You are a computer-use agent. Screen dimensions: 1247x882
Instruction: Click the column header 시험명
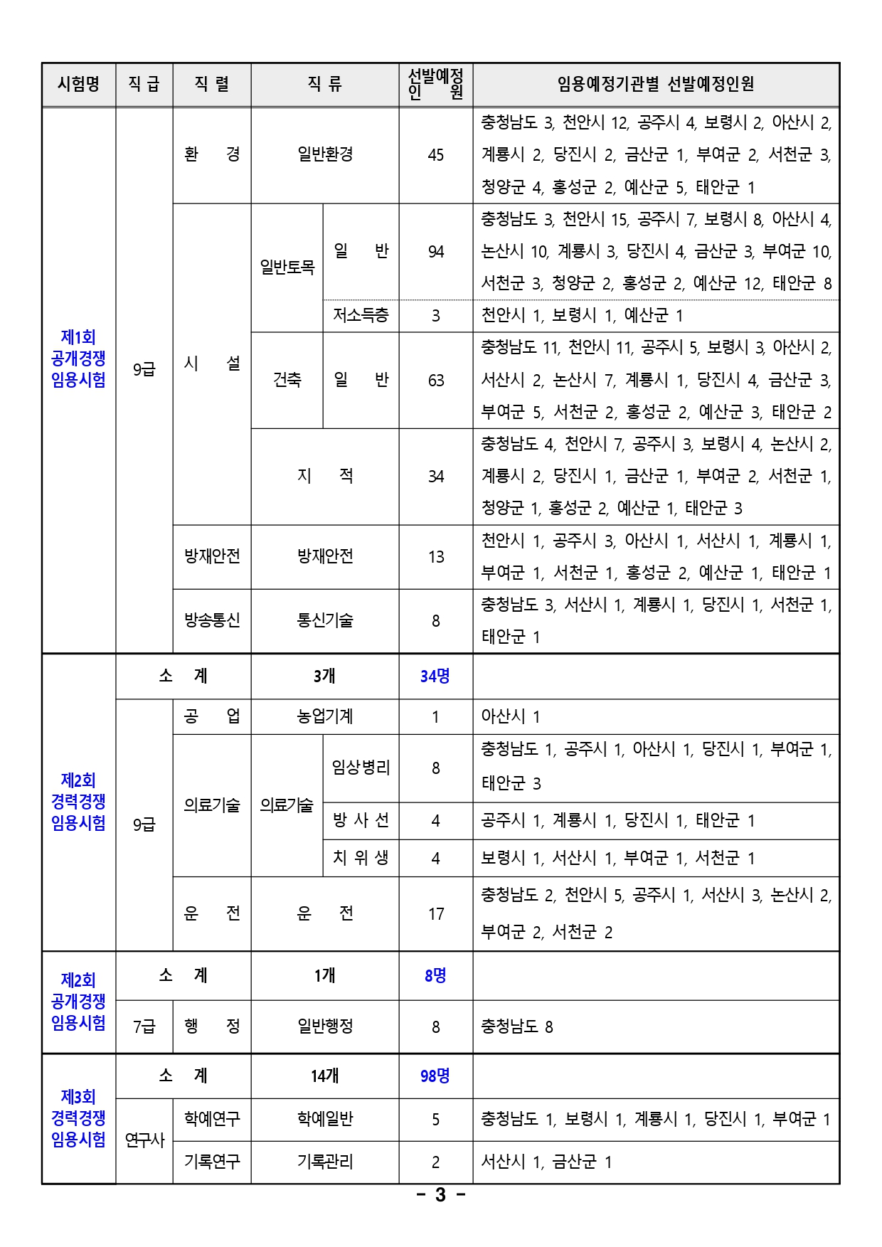point(78,85)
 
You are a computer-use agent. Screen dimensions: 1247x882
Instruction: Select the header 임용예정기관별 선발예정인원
point(655,85)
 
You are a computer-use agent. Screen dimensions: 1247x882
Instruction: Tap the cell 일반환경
point(325,154)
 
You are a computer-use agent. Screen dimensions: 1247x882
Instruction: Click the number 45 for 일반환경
point(435,155)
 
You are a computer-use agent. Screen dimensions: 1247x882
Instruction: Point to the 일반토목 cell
point(287,267)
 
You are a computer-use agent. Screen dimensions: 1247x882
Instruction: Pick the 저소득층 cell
point(361,315)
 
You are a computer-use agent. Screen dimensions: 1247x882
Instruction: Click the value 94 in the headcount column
point(435,252)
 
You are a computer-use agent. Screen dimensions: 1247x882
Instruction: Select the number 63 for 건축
point(435,381)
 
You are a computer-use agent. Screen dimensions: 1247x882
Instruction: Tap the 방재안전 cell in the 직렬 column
point(212,556)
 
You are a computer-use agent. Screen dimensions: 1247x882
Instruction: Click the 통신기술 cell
point(325,620)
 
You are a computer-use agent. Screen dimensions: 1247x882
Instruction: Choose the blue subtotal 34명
point(435,676)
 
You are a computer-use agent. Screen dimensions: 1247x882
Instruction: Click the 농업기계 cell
point(325,716)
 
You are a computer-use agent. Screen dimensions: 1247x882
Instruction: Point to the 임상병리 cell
point(361,768)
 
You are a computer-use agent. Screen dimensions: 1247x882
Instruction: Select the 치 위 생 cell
point(361,858)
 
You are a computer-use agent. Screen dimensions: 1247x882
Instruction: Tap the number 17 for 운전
point(435,914)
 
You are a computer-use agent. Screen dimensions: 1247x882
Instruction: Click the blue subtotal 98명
point(435,1076)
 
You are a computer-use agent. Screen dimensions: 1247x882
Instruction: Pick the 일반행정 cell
point(325,1026)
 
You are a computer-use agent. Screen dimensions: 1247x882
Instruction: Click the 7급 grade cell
point(144,1027)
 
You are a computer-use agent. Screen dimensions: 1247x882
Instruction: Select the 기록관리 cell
point(325,1162)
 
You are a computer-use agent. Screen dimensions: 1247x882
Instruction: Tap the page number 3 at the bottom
point(440,1195)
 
